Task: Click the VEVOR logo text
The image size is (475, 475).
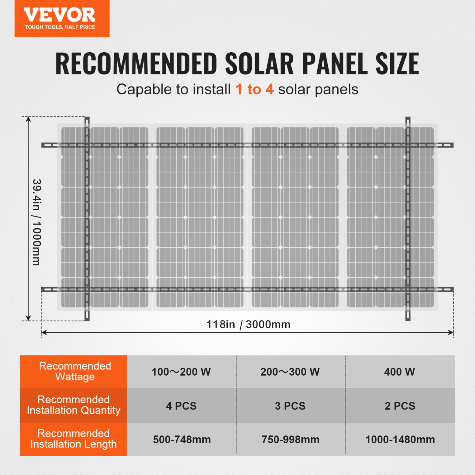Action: tap(60, 15)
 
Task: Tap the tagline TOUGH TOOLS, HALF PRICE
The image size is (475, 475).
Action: tap(60, 27)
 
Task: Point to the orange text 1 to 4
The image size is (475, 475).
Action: tap(254, 89)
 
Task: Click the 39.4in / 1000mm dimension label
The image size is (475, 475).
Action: tap(37, 222)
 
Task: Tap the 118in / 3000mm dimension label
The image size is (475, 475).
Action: tap(248, 324)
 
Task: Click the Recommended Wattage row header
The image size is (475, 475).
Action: tap(75, 371)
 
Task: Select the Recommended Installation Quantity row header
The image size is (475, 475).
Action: tap(73, 405)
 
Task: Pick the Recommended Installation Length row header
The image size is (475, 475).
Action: tap(73, 439)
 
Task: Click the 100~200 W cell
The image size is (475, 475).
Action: tap(181, 372)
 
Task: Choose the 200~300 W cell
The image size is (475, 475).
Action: tap(290, 372)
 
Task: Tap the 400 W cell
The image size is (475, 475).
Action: tap(400, 372)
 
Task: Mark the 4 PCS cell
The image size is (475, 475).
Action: tap(181, 406)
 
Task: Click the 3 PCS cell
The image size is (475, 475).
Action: tap(290, 406)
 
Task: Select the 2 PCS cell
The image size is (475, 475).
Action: tap(400, 406)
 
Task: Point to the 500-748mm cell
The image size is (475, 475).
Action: tap(182, 440)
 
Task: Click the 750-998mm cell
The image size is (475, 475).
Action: tap(290, 440)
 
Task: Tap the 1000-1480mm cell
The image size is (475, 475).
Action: tap(400, 440)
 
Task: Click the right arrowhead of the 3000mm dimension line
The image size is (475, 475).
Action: tap(451, 332)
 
